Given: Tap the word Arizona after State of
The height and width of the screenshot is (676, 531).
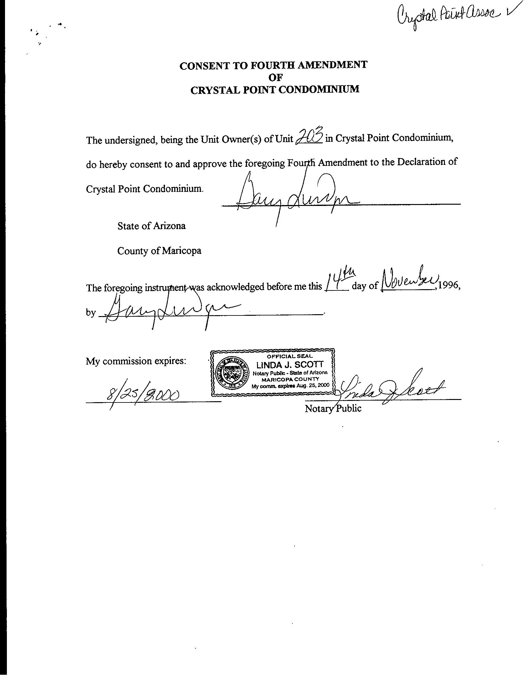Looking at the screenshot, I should pos(169,226).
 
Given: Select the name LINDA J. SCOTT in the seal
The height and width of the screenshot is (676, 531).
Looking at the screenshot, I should pos(290,365).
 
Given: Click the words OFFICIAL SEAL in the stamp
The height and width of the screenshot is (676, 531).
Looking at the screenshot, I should pos(290,356).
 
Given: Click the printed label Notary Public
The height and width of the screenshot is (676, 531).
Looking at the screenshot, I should pos(333,408).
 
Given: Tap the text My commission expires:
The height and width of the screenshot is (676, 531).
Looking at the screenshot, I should pos(136,361).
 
